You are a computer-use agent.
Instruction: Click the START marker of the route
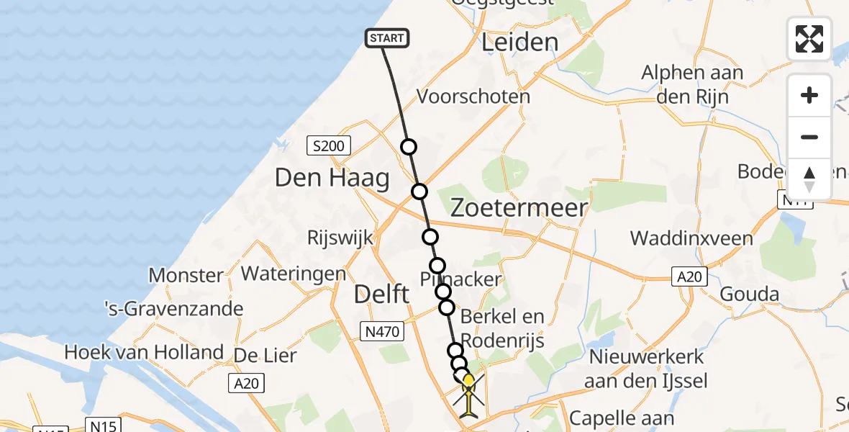point(388,38)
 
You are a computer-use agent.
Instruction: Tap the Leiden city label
point(520,42)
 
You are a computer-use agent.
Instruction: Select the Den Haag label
point(332,177)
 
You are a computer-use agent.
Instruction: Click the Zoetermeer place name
point(519,208)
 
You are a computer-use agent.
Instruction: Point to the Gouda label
point(749,294)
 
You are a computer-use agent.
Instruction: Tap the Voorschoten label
point(473,96)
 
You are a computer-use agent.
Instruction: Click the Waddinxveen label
point(691,238)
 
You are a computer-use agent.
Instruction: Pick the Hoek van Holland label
point(144,352)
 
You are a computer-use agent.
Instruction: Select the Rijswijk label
point(337,237)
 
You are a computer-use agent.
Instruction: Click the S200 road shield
point(328,147)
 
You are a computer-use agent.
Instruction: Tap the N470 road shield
point(381,330)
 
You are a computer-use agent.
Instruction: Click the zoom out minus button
point(809,138)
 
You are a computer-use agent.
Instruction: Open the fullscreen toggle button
point(809,39)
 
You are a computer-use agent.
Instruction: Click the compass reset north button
point(809,179)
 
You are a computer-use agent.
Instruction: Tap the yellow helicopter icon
point(468,394)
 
